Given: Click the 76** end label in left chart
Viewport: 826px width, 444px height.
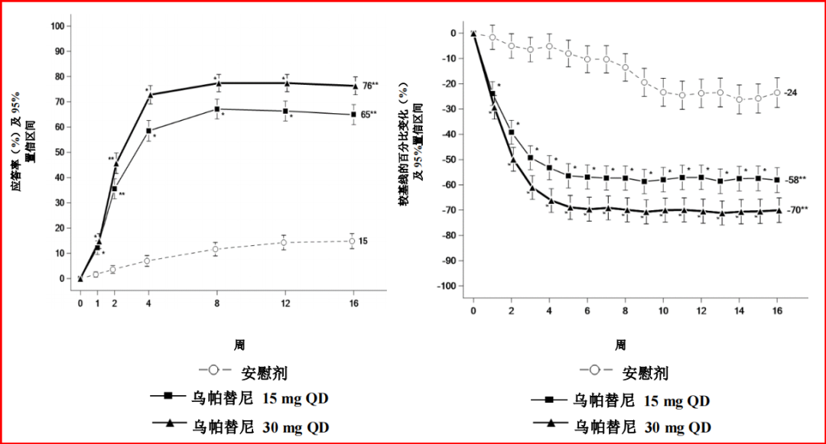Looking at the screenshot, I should point(370,86).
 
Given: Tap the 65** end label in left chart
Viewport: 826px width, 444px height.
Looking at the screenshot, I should point(370,115).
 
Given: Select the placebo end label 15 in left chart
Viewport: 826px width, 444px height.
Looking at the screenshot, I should point(363,241).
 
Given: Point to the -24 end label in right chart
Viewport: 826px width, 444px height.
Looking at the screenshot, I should point(792,92).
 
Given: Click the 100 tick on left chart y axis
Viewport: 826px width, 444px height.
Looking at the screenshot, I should point(57,26).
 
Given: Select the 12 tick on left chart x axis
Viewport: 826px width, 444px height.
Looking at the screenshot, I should point(285,303).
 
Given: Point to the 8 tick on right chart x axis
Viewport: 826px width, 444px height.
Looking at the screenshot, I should point(625,312).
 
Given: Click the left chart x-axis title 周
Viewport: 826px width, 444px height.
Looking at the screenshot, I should point(239,345).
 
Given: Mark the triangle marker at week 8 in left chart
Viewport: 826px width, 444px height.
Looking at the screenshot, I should point(217,83).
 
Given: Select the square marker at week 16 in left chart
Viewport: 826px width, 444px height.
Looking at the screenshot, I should point(353,115).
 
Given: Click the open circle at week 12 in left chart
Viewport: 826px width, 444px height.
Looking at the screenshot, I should point(285,242).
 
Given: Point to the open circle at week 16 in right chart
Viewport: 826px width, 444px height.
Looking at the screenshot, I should point(777,92).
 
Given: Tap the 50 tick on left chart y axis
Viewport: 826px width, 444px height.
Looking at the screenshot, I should point(59,152).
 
